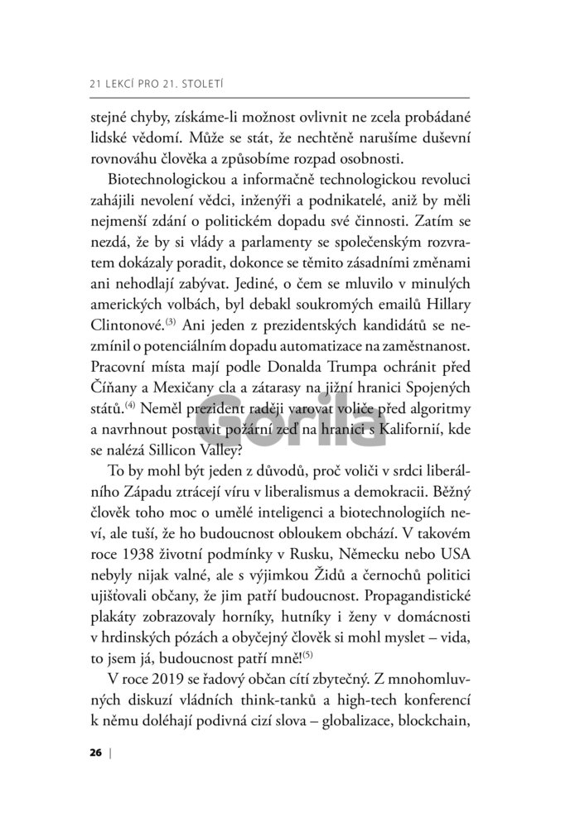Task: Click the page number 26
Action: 94,753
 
